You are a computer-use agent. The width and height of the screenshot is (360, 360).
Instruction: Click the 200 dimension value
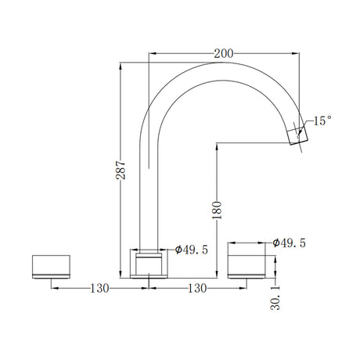pos(224,54)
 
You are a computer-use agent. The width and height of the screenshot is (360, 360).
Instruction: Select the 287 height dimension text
pos(121,170)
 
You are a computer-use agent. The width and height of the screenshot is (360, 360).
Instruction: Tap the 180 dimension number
pos(217,210)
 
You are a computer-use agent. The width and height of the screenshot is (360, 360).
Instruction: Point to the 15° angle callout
pos(322,121)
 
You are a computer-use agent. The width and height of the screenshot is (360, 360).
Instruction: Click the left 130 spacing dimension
pos(99,288)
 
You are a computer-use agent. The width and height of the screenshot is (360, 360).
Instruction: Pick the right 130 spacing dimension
pos(197,288)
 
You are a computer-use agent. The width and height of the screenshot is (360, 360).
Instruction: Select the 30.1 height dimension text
pos(275,297)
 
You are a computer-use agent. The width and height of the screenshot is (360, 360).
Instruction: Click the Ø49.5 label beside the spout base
pos(192,250)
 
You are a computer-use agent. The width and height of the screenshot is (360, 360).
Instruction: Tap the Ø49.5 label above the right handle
pos(289,243)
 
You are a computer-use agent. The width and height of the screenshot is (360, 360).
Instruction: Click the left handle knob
pos(51,267)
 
